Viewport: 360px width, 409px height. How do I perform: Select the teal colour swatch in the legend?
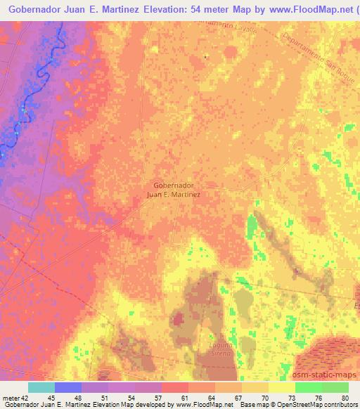(40, 387)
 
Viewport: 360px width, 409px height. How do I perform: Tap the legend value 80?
(345, 398)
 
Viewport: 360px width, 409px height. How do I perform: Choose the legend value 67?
(238, 398)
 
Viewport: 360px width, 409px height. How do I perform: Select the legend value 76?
(319, 398)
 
